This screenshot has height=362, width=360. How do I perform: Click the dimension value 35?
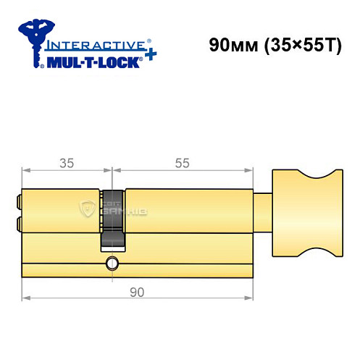click(67, 163)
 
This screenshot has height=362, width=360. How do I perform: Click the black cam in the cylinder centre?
click(113, 218)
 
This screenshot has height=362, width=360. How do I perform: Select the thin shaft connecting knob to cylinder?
click(264, 211)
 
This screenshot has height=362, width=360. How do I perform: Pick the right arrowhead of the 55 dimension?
click(253, 172)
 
